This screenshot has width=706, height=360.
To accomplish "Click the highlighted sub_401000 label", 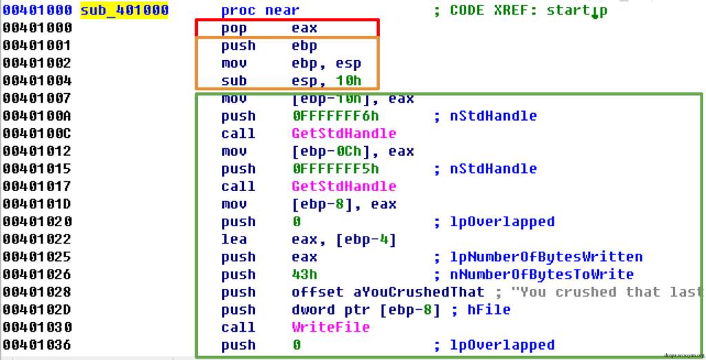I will (124, 10).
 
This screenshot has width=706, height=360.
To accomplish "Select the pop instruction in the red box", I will (239, 28).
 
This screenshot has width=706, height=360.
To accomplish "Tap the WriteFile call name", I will (330, 327).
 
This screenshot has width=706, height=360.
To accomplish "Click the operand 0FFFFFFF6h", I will (335, 116).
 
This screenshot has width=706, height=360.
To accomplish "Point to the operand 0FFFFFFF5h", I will (335, 169).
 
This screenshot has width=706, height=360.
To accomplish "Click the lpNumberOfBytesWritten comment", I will (538, 257).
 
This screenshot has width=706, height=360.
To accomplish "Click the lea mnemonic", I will (234, 239).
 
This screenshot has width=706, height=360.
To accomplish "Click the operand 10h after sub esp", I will (348, 81).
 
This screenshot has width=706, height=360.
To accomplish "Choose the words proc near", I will (260, 10).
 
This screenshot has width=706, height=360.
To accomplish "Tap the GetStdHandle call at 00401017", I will (343, 186).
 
